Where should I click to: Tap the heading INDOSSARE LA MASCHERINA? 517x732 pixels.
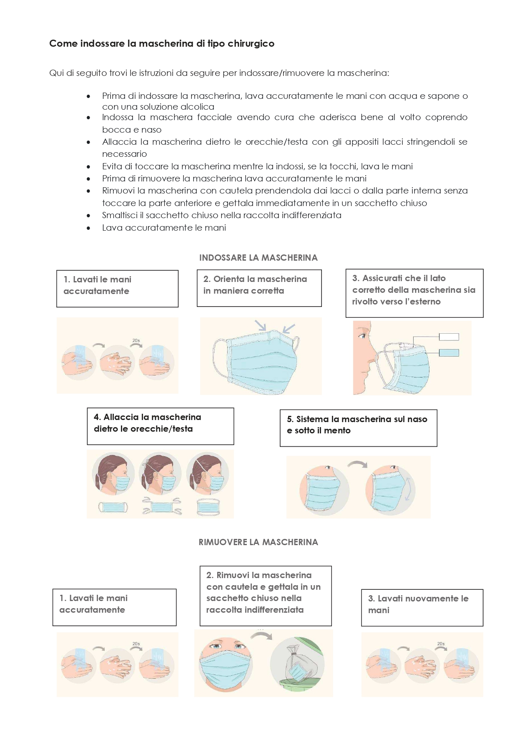(258, 258)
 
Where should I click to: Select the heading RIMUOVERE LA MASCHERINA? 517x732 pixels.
(258, 542)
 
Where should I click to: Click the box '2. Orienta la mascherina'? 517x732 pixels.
(259, 288)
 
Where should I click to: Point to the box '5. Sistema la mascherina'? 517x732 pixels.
(358, 428)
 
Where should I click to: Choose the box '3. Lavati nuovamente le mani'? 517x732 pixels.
(422, 607)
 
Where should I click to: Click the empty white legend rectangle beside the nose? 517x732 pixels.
(449, 337)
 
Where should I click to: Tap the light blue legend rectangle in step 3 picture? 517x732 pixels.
(449, 353)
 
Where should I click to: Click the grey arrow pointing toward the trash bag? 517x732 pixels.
(262, 636)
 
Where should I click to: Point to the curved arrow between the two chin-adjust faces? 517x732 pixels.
(357, 464)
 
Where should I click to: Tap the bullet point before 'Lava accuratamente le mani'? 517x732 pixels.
(88, 228)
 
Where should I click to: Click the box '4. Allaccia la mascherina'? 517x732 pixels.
(160, 426)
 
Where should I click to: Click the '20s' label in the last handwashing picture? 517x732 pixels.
(441, 644)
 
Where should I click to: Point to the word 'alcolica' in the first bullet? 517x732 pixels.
(197, 107)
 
